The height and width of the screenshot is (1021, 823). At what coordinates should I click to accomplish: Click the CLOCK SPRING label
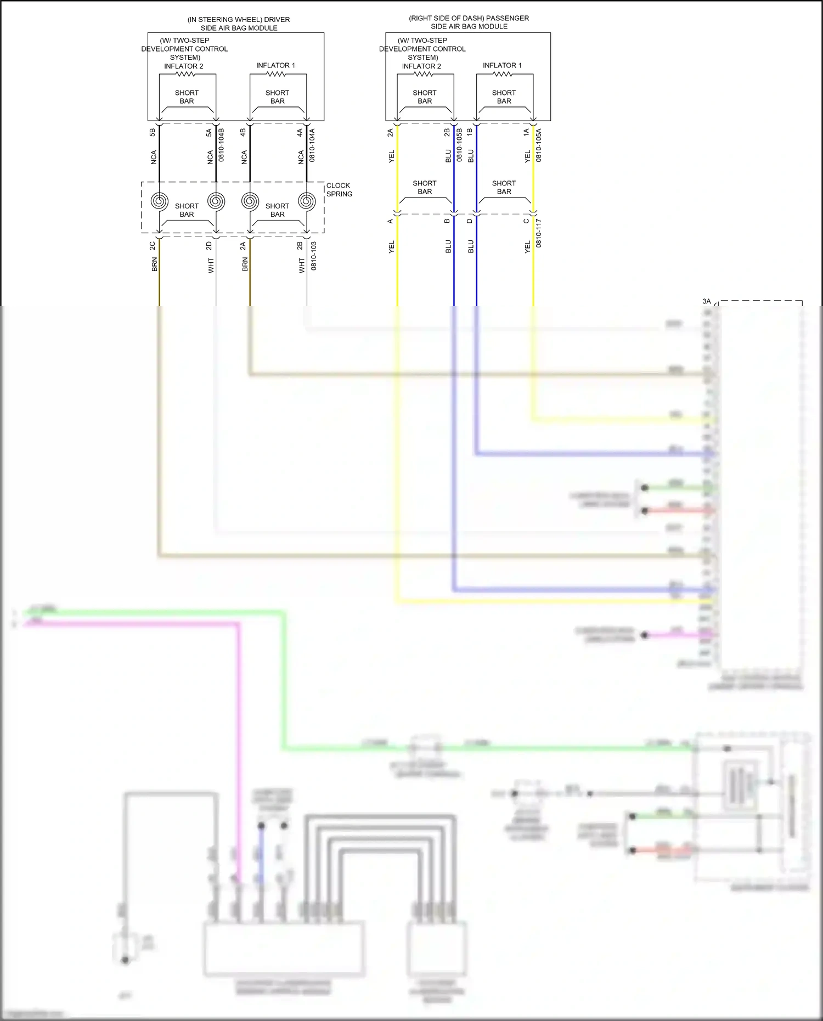point(339,190)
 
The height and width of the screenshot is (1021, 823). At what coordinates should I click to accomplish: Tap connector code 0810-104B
point(221,145)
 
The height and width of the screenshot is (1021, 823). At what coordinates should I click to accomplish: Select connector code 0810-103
point(314,256)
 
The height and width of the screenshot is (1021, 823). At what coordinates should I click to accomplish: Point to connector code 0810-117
point(538,233)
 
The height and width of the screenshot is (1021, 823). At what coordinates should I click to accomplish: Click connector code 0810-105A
point(538,145)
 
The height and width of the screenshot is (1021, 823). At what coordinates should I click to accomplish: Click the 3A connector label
point(706,301)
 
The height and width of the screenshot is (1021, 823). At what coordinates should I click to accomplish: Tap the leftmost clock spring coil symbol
point(159,201)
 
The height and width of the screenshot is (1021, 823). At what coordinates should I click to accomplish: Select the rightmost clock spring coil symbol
point(307,201)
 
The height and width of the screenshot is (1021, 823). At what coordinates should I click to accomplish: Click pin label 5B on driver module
point(153,132)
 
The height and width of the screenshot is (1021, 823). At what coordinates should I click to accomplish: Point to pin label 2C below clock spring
point(153,246)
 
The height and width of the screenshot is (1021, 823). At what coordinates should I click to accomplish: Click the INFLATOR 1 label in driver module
point(275,65)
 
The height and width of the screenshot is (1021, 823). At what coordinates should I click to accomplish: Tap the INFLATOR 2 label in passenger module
point(421,66)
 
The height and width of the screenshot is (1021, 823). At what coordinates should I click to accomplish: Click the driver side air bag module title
point(239,24)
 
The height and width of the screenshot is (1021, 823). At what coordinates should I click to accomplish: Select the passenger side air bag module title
point(469,22)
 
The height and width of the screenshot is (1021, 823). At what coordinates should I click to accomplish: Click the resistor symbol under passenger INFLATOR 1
point(503,74)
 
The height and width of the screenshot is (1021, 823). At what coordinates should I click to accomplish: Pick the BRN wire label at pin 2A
point(245,264)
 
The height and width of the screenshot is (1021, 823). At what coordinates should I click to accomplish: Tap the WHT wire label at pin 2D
point(211,266)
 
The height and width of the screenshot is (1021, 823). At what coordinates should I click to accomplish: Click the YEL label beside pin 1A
point(527,156)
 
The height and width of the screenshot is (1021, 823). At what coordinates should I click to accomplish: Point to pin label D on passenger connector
point(469,221)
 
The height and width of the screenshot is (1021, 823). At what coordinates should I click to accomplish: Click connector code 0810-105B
point(459,145)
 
